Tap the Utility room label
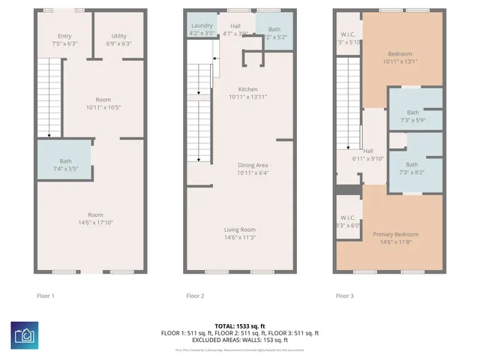[x=118, y=36]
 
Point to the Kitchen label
[x=247, y=89]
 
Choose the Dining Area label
[x=247, y=165]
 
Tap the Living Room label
[x=240, y=229]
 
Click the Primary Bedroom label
[x=395, y=235]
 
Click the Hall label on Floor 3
[x=367, y=150]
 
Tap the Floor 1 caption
[x=46, y=295]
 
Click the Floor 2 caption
[x=195, y=295]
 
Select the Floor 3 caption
[x=345, y=295]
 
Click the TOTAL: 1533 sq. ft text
[x=240, y=325]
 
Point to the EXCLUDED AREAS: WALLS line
[x=240, y=340]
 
